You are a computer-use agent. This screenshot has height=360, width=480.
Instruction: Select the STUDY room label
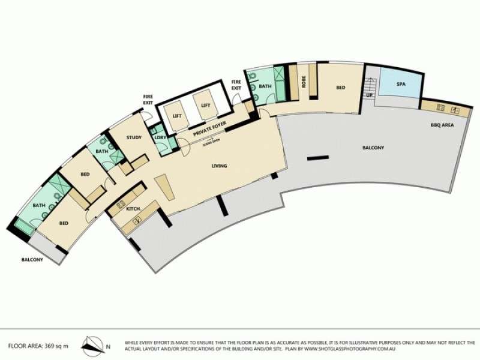pos(134,138)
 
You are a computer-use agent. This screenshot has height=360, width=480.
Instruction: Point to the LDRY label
pos(160,138)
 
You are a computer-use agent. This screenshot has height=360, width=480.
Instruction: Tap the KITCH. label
pos(133,209)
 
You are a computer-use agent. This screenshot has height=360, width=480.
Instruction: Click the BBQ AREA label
pos(442,125)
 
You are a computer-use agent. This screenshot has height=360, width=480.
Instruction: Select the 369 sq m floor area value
pos(58,346)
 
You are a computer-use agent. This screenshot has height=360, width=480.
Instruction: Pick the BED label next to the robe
pos(340,88)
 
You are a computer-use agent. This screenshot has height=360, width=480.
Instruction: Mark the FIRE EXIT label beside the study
pos(148,98)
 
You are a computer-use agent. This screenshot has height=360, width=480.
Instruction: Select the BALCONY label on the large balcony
pos(373,148)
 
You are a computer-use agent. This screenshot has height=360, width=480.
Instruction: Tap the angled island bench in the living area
pos(163,190)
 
